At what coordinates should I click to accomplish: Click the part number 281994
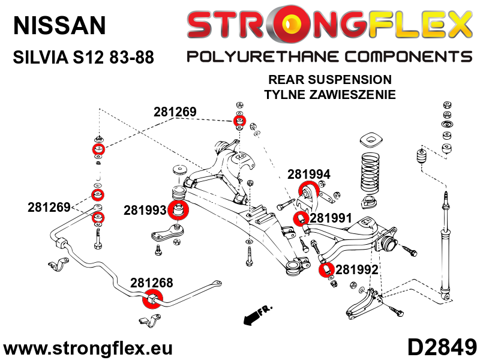[308, 175]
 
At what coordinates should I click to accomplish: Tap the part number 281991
[331, 218]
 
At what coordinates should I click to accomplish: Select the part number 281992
[356, 270]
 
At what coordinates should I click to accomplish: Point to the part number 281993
[145, 211]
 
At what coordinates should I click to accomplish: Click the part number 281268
[151, 283]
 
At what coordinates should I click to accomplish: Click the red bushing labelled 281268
[152, 298]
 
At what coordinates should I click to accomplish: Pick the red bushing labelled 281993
[178, 211]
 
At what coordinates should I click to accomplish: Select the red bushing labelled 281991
[302, 218]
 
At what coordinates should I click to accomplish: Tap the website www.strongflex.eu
[88, 348]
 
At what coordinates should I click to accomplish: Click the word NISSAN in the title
[59, 25]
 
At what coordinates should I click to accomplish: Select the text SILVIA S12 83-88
[83, 58]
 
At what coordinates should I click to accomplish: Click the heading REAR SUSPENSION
[330, 80]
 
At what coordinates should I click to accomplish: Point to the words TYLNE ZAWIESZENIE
[330, 94]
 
